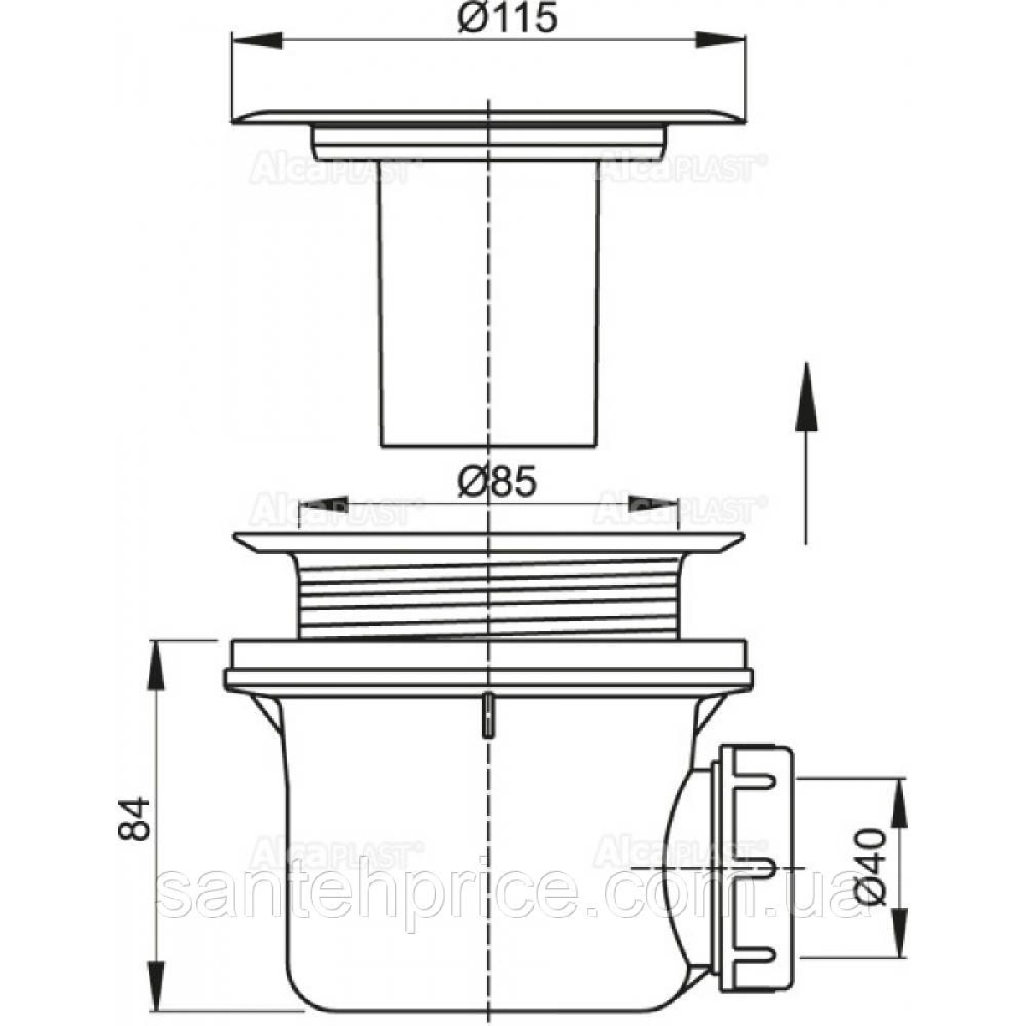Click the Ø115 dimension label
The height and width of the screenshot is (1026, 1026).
(x=507, y=18)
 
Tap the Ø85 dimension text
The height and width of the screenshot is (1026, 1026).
(x=497, y=483)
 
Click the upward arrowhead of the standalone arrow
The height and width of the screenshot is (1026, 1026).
(x=806, y=395)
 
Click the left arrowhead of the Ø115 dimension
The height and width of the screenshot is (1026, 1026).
(x=257, y=39)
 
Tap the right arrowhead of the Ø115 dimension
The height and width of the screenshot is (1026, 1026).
(x=722, y=39)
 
